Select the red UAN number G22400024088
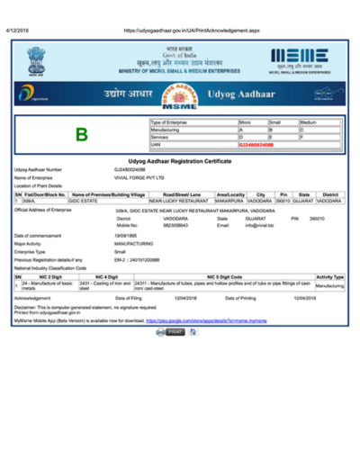pos(261,145)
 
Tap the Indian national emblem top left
pos(38,61)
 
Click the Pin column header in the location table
pos(283,193)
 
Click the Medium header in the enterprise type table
pos(308,121)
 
